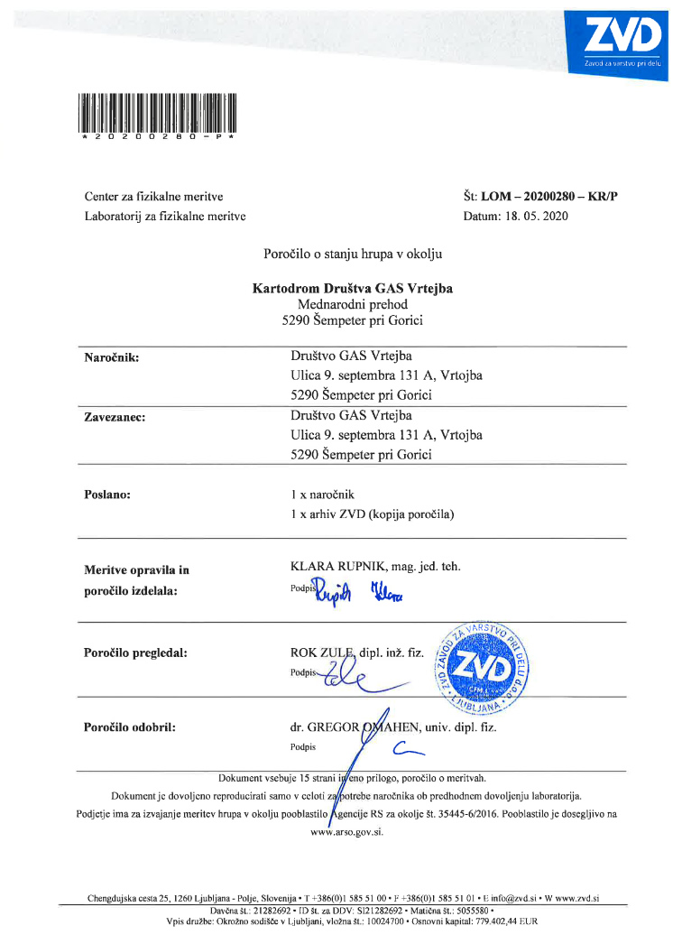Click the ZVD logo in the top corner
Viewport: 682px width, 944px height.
tap(622, 40)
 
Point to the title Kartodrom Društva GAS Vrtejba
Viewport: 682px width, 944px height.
tap(354, 289)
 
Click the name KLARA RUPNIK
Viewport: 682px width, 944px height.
tap(336, 567)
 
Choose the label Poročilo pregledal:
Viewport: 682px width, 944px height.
tap(135, 652)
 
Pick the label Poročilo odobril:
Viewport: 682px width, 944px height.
tap(130, 727)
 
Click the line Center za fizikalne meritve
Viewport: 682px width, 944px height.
tap(153, 196)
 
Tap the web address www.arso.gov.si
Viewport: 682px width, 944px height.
tap(347, 832)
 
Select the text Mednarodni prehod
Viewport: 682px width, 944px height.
tap(353, 305)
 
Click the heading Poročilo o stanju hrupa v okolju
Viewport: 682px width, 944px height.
tap(353, 255)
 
